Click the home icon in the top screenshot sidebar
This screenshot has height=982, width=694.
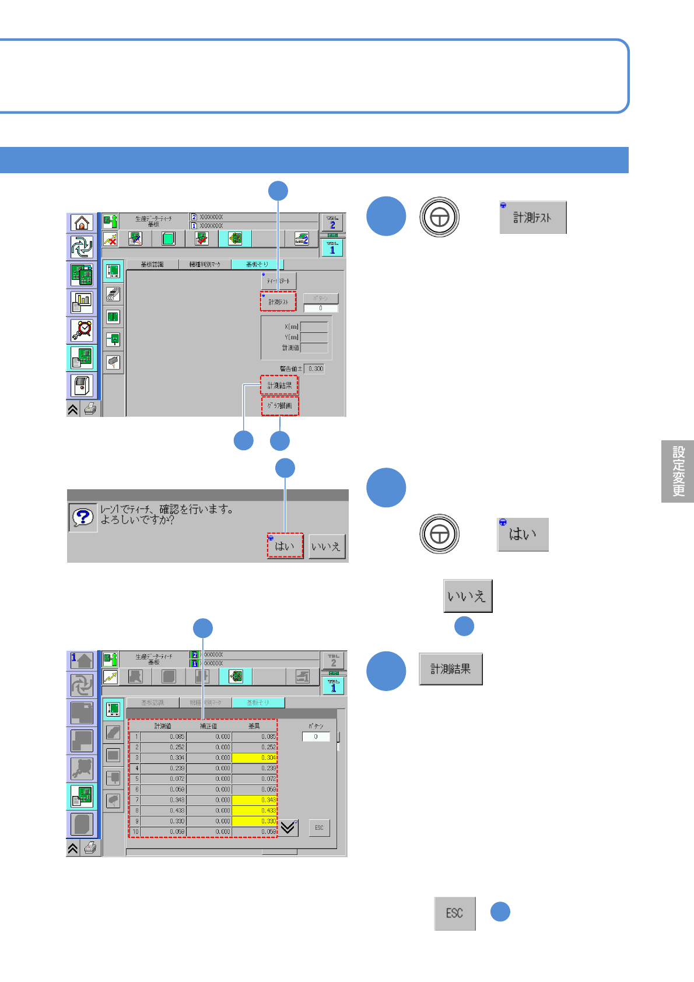[x=82, y=223]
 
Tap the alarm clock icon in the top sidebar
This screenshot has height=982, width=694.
[x=82, y=330]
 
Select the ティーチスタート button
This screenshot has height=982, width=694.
[x=279, y=281]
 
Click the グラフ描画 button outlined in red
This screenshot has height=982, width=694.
[x=280, y=406]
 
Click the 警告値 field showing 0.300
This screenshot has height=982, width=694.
[x=315, y=369]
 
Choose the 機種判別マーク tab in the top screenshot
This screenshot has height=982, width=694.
[x=205, y=265]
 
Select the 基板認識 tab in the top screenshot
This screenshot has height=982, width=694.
[x=152, y=265]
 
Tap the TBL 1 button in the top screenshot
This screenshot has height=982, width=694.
[x=332, y=248]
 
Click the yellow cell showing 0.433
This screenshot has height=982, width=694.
[x=254, y=811]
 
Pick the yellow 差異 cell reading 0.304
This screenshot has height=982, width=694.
[x=254, y=757]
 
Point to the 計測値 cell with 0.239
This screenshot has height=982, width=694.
[x=163, y=768]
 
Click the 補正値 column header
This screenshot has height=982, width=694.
[x=208, y=726]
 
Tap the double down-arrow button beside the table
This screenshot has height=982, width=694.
[x=288, y=827]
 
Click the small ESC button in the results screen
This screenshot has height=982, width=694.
[x=319, y=827]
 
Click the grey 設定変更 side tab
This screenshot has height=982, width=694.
[x=678, y=471]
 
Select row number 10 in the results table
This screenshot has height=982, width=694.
[x=135, y=832]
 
